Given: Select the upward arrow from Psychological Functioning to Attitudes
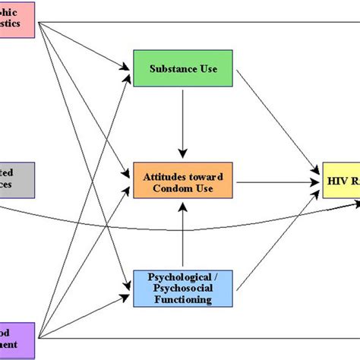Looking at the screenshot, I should [182, 235].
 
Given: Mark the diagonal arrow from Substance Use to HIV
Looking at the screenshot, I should [277, 122].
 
